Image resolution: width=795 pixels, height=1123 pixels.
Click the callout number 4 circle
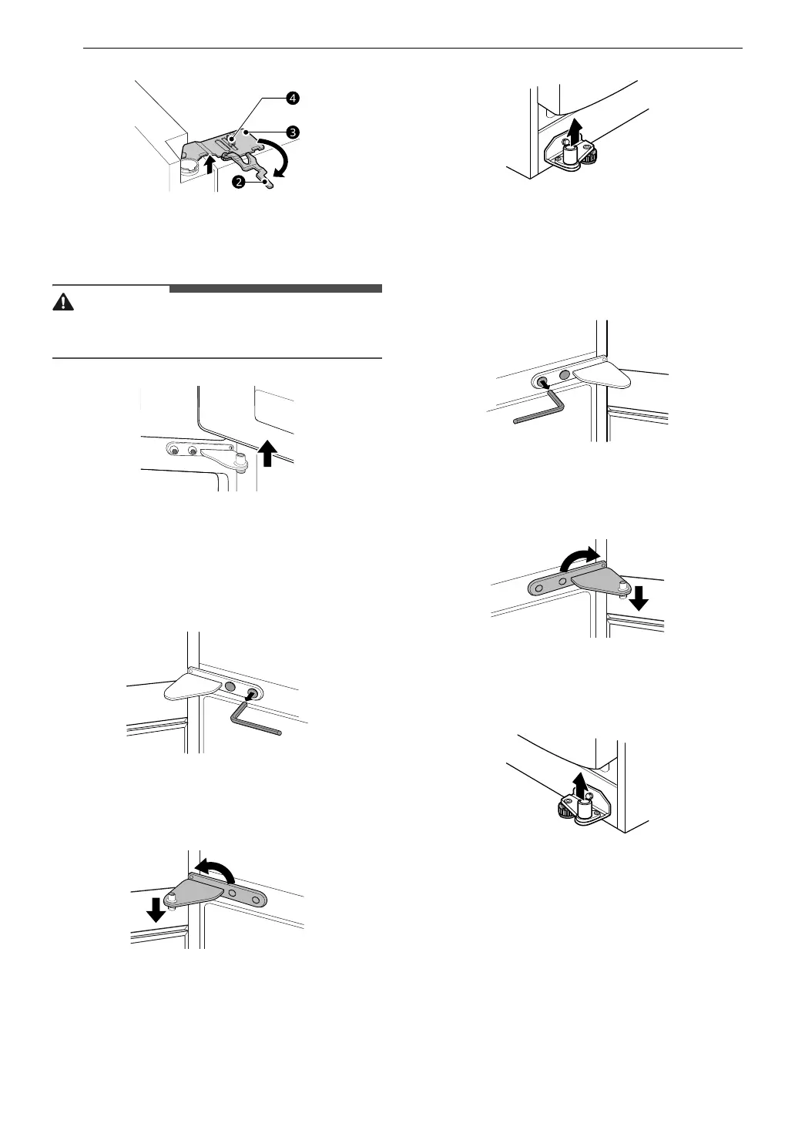coord(292,99)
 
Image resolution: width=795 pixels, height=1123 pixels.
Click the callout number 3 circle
coord(292,132)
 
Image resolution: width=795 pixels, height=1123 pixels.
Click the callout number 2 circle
coord(239,182)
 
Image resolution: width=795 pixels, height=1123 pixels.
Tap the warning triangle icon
coord(62,302)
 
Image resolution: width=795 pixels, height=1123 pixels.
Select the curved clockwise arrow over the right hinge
coord(579,558)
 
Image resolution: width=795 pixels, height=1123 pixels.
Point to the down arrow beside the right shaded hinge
coord(639,596)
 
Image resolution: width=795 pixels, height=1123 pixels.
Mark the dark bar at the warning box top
coord(275,289)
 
